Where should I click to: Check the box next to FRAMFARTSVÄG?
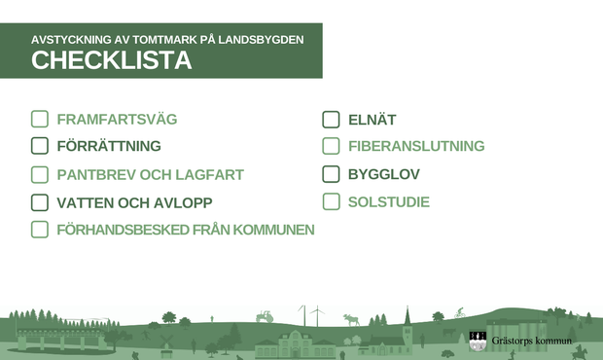pyautogui.click(x=39, y=120)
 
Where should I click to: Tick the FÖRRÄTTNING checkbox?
pyautogui.click(x=39, y=146)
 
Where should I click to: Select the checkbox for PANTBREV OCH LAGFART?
pyautogui.click(x=39, y=175)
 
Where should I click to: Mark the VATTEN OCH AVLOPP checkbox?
pyautogui.click(x=39, y=202)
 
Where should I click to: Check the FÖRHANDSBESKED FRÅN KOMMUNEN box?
pyautogui.click(x=39, y=230)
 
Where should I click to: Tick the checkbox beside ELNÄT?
pyautogui.click(x=331, y=120)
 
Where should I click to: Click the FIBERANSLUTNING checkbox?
pyautogui.click(x=331, y=146)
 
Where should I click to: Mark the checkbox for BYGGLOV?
pyautogui.click(x=331, y=175)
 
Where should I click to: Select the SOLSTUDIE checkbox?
pyautogui.click(x=331, y=202)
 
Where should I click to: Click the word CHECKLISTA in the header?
pyautogui.click(x=111, y=61)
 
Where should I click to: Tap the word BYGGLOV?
pyautogui.click(x=382, y=175)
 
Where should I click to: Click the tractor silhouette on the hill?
pyautogui.click(x=264, y=316)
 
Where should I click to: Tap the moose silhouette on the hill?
pyautogui.click(x=350, y=318)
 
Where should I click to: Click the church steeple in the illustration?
pyautogui.click(x=408, y=316)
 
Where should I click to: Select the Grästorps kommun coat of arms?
pyautogui.click(x=478, y=341)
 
